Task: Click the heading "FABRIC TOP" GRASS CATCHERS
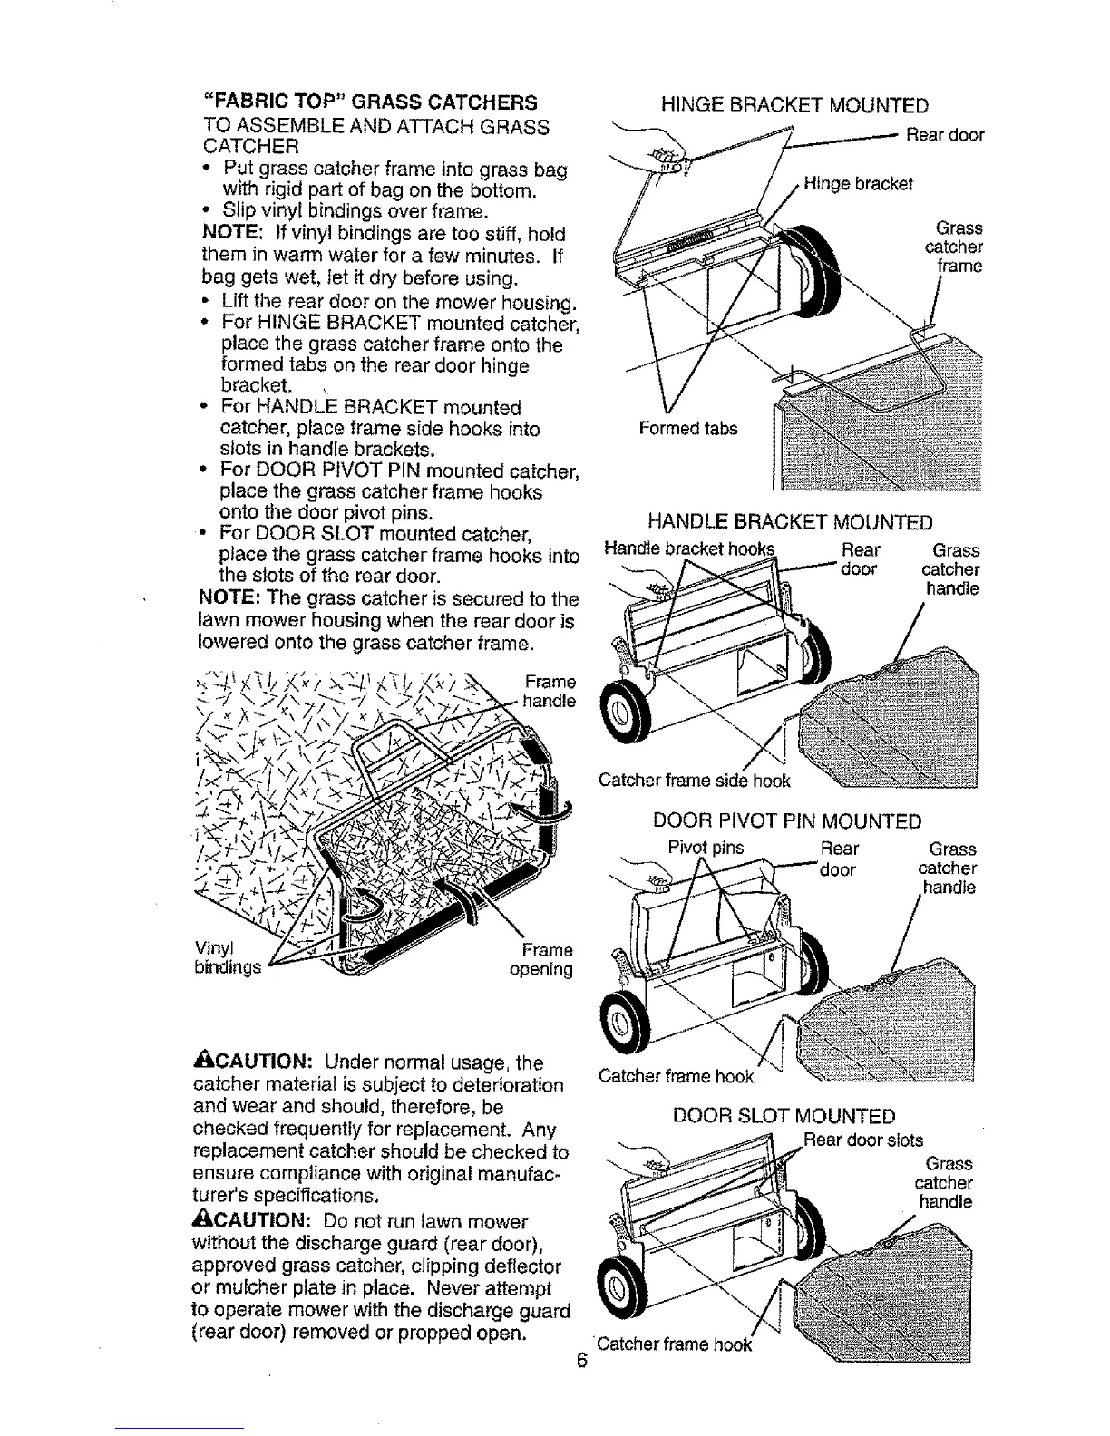tap(370, 101)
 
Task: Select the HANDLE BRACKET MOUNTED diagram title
tap(789, 522)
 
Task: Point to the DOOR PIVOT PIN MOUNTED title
tap(787, 821)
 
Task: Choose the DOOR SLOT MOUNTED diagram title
tap(784, 1117)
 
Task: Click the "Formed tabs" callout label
tap(688, 428)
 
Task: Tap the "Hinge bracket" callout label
tap(857, 184)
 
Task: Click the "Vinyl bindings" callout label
tap(227, 958)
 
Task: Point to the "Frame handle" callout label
tap(550, 691)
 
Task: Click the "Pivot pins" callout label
tap(706, 849)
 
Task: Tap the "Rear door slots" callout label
tap(862, 1140)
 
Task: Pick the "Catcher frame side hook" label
tap(694, 781)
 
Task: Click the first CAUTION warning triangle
tap(201, 1062)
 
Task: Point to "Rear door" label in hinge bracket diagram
tap(945, 135)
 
